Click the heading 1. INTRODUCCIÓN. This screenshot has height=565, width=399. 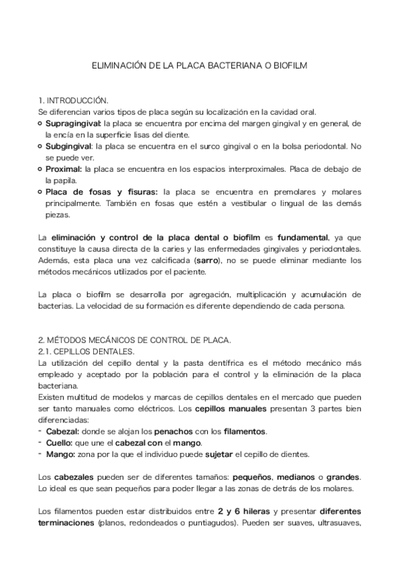73,100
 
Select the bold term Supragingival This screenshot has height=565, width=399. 73,123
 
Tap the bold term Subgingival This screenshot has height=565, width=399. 69,146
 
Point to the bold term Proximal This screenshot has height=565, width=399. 63,169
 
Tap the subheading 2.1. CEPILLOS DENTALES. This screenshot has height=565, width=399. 87,351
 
